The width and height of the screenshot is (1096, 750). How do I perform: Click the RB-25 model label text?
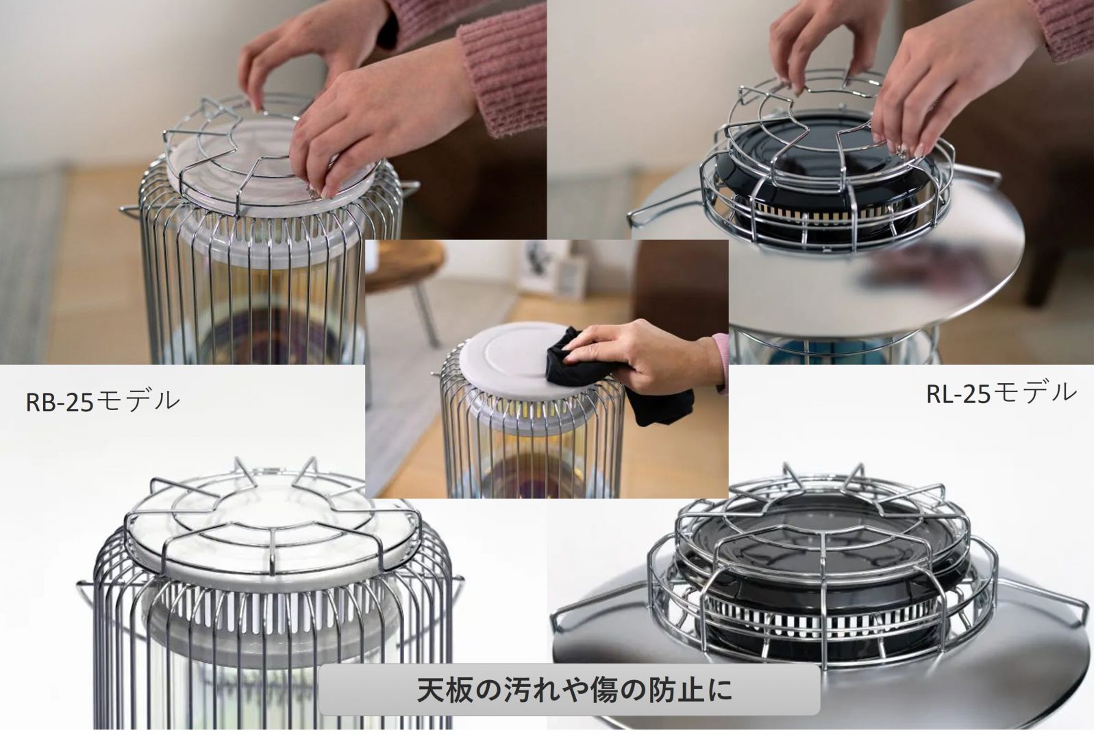point(102,401)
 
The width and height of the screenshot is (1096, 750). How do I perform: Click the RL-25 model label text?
point(1001,394)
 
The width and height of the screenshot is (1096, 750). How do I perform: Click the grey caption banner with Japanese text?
point(569,690)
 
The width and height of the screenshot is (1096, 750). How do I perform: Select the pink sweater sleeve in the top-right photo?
point(1062,29)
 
